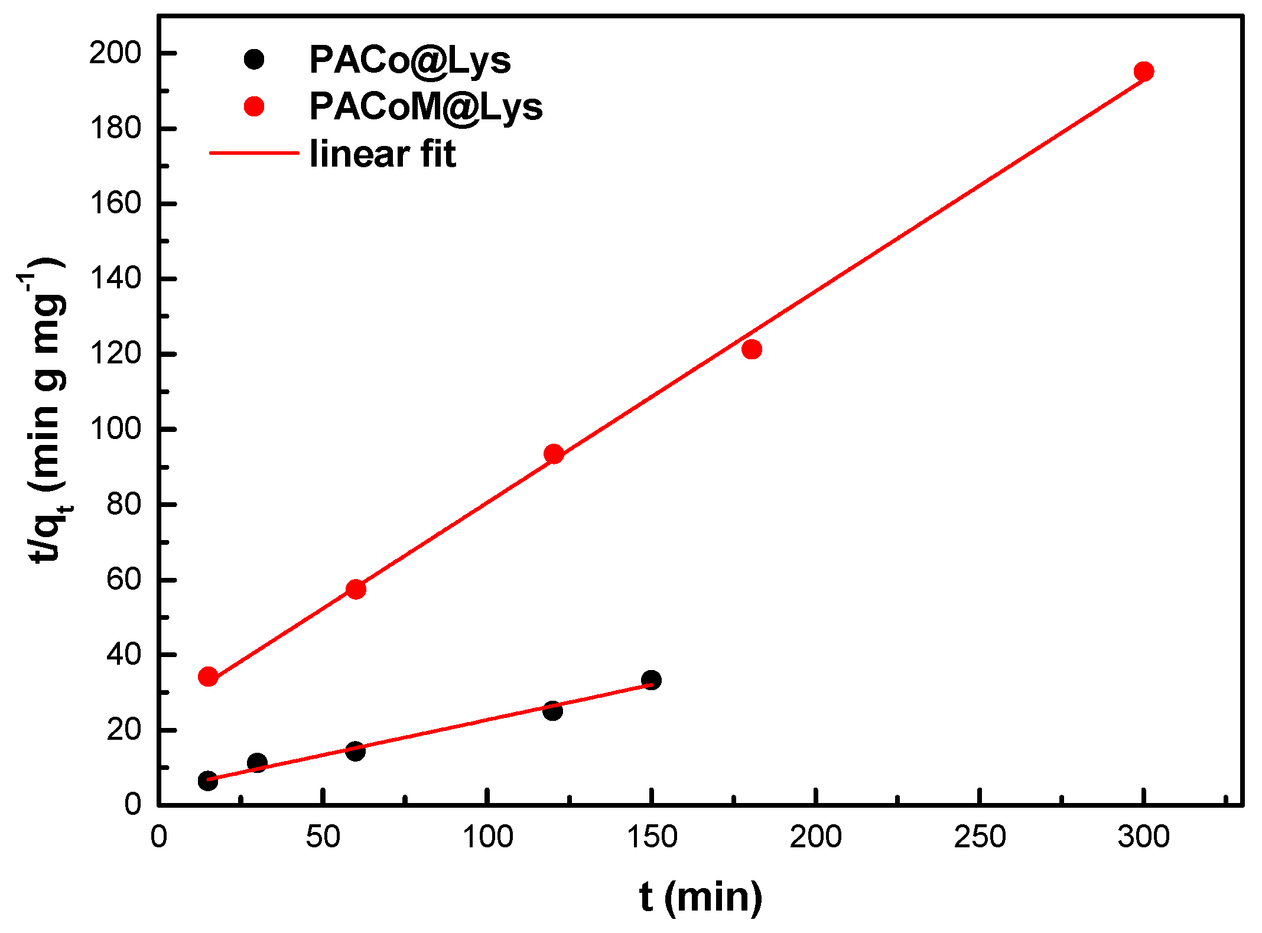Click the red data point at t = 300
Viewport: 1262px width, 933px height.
[x=1144, y=71]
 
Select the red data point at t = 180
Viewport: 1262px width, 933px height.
[x=751, y=349]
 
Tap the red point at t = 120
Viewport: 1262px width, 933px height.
[x=554, y=454]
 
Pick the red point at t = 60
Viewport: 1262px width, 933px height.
[x=356, y=589]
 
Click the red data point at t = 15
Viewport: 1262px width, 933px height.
[x=208, y=677]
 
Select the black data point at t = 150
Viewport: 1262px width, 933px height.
[x=651, y=680]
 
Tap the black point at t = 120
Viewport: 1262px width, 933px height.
[x=552, y=711]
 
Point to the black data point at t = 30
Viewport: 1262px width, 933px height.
[x=257, y=762]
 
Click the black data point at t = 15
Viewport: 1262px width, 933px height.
[x=207, y=781]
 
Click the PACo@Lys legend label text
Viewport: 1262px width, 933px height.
[x=409, y=60]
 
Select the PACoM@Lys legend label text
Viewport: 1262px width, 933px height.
[x=425, y=107]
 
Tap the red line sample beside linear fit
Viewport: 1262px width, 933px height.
[x=254, y=153]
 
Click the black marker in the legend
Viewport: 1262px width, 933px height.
[x=254, y=59]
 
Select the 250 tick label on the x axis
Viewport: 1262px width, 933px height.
[x=979, y=837]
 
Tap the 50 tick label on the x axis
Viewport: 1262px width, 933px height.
[x=323, y=837]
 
